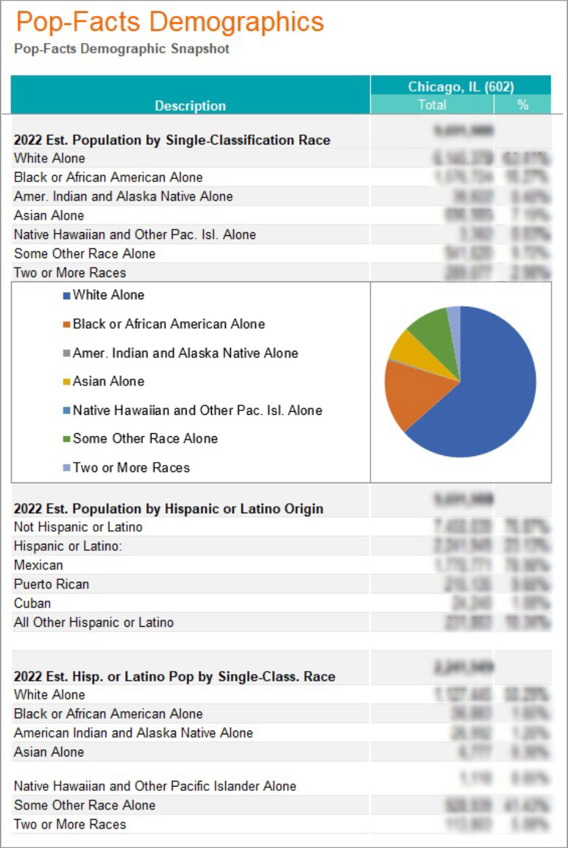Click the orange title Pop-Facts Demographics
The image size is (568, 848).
pos(169,22)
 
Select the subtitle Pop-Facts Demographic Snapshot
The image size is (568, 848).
pos(122,49)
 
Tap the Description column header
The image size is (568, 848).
pos(190,106)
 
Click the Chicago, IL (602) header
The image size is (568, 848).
pos(461,87)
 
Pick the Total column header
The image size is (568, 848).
pos(432,104)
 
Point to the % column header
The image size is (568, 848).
pos(523,104)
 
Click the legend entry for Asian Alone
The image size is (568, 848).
pos(108,382)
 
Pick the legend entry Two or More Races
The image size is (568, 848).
pos(131,468)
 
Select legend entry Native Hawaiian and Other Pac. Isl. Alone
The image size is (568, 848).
pos(196,410)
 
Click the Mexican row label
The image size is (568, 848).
pos(38,565)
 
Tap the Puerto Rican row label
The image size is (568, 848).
pos(52,584)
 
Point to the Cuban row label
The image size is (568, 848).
pos(33,603)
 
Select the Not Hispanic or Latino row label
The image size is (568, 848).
pos(78,527)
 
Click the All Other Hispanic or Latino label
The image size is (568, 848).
pos(93,622)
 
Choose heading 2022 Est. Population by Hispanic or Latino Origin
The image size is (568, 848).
pos(168,509)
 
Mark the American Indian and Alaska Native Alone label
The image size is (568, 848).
pos(133,733)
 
